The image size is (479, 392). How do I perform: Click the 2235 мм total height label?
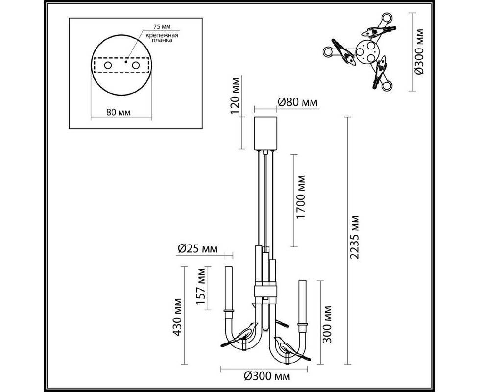tap(355, 237)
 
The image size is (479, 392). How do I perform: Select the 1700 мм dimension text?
tap(301, 197)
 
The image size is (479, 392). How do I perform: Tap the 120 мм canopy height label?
tap(236, 95)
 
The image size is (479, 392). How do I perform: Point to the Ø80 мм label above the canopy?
tap(298, 102)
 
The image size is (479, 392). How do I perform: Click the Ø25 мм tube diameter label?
tap(198, 249)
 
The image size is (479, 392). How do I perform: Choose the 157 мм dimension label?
tap(201, 286)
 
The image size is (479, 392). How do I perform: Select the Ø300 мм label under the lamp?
tap(267, 377)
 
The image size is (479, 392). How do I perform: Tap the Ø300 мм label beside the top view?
tap(419, 52)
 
